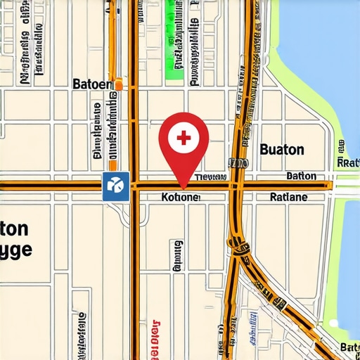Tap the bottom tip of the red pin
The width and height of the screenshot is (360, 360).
184,188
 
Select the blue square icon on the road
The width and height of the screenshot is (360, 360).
115,186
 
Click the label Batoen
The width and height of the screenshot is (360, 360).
92,84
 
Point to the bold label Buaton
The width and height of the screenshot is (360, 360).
282,149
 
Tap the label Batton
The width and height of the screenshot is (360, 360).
301,176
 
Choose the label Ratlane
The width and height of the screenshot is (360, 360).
288,198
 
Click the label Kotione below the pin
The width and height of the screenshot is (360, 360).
180,198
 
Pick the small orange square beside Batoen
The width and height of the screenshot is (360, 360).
119,84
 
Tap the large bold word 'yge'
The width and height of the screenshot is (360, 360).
15,251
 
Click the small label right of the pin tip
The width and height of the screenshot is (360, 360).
211,177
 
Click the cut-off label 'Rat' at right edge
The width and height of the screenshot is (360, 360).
348,162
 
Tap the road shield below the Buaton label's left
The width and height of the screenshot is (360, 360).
238,163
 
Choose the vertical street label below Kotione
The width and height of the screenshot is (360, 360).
177,255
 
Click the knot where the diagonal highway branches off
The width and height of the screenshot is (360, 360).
239,247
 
